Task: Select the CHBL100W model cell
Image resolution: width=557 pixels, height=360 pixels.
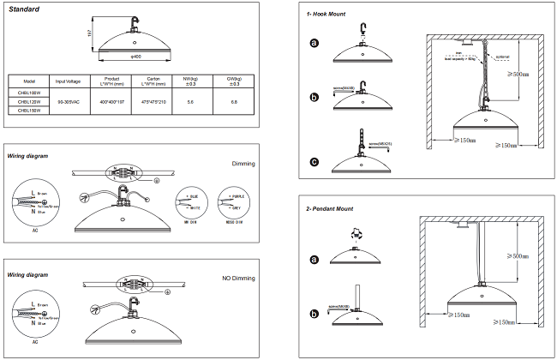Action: (x=29, y=93)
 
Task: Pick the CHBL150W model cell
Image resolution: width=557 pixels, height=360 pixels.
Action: (x=29, y=111)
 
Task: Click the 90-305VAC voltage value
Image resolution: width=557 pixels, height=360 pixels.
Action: (x=69, y=102)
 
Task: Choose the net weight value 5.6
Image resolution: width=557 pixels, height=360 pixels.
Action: (x=190, y=102)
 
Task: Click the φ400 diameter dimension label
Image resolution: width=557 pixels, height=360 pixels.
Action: (x=135, y=56)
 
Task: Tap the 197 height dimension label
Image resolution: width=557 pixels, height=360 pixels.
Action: (x=89, y=33)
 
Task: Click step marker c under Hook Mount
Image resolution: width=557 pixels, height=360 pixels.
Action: (x=314, y=162)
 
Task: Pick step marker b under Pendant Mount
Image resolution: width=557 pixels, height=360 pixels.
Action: (x=314, y=315)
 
